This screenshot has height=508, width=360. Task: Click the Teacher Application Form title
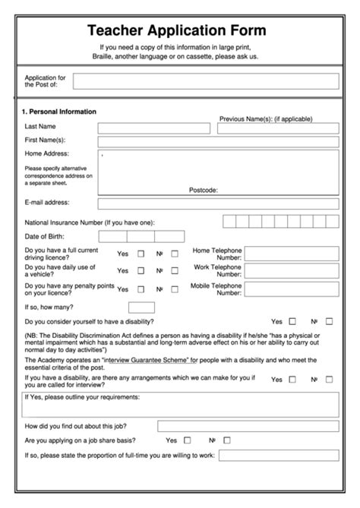click(176, 31)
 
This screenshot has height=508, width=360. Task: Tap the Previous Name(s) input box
click(277, 128)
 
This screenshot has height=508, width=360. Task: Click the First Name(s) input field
click(218, 141)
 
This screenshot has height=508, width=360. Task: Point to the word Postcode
click(204, 190)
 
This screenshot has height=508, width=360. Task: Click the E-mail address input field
click(218, 204)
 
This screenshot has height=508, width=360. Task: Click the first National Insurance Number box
click(229, 222)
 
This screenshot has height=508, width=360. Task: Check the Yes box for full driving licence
click(141, 254)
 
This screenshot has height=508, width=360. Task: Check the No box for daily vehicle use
click(175, 270)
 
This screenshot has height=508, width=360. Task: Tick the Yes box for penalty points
click(141, 289)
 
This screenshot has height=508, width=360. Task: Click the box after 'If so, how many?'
click(141, 308)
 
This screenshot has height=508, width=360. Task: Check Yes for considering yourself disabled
click(292, 321)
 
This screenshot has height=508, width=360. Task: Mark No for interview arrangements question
click(329, 379)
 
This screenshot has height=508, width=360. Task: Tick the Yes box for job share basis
click(187, 440)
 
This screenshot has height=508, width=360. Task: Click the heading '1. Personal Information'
click(58, 112)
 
